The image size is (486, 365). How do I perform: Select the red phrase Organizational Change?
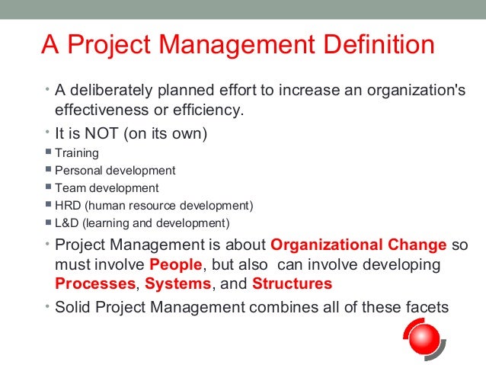(x=358, y=246)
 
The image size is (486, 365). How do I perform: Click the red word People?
(x=175, y=265)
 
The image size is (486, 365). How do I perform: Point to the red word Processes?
(x=95, y=284)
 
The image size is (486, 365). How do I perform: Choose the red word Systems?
(x=177, y=284)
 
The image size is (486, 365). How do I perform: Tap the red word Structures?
(x=292, y=284)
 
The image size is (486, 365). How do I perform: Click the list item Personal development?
(x=115, y=171)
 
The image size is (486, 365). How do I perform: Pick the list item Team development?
(x=107, y=188)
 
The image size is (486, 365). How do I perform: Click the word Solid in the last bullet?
(x=73, y=309)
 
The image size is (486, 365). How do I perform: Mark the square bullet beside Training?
(x=48, y=152)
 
